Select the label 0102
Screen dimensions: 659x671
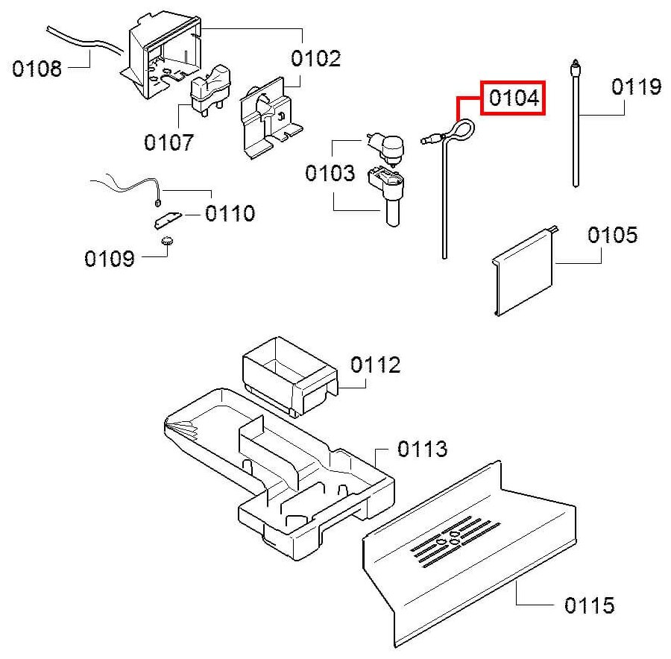coord(315,59)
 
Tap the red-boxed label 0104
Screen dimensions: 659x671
coord(514,98)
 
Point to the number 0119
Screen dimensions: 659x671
coord(636,86)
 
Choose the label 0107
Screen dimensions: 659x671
coord(168,142)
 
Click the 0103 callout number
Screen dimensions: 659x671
coord(330,174)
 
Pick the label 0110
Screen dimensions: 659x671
coord(230,214)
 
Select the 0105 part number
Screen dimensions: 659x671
coord(612,236)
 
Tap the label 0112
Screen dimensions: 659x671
coord(375,365)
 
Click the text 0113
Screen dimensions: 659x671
coord(422,449)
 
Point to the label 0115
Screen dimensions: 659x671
coord(589,605)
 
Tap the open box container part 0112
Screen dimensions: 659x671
coord(287,373)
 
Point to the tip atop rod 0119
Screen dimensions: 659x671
coord(574,66)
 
